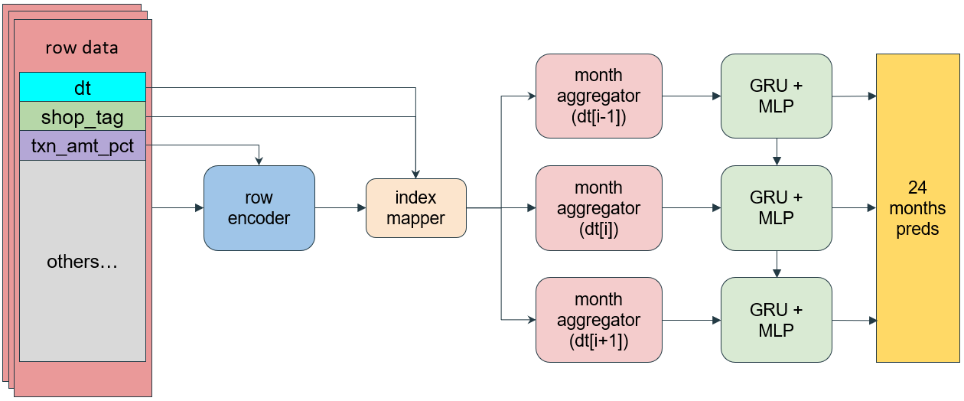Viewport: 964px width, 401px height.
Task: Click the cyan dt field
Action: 83,87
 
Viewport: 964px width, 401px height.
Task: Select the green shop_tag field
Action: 83,116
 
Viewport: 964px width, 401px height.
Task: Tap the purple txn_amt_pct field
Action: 83,145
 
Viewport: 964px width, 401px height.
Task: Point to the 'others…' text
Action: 82,262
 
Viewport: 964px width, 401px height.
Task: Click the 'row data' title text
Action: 82,47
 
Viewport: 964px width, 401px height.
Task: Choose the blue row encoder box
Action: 259,208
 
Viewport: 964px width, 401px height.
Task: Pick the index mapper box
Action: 415,208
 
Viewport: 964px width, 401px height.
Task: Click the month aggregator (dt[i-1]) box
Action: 598,96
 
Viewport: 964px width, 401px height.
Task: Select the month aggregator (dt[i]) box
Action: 598,208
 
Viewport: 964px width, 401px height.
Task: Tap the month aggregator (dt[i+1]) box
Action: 598,320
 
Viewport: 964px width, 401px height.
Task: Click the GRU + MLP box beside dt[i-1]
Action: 777,96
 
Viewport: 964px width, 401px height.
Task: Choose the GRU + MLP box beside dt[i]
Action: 777,208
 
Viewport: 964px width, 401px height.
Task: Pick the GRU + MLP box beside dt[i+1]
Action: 777,320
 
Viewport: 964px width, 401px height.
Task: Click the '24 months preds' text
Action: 917,208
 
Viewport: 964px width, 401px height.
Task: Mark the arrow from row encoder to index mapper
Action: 340,208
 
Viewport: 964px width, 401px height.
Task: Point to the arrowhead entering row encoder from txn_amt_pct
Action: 259,161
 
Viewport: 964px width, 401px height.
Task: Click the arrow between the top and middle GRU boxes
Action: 777,152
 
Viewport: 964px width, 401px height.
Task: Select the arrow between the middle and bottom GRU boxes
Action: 777,264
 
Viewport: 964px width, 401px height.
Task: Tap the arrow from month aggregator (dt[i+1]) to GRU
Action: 692,320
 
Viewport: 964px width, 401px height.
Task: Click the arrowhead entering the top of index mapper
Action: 415,174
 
